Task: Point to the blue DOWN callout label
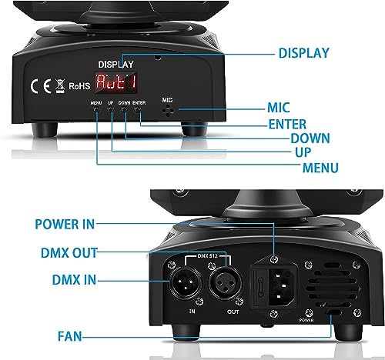point(289,138)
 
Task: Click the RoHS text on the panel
point(79,87)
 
